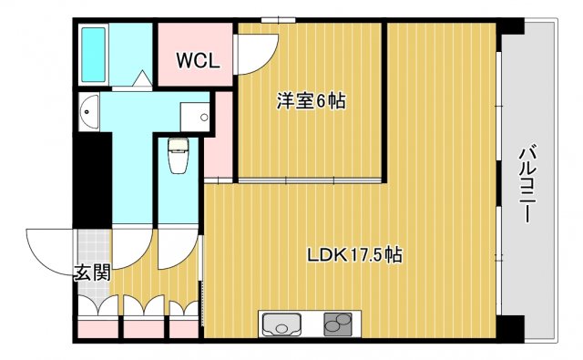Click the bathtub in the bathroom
(94, 54)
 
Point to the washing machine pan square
(194, 115)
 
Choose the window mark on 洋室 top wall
(278, 19)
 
